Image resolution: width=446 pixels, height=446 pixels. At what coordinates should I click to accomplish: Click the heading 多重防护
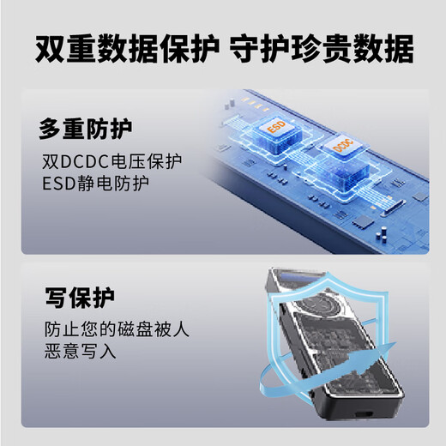85,130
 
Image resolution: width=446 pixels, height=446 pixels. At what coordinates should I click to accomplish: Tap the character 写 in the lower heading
54,300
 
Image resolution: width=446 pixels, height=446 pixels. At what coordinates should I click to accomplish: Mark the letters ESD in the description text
57,183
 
